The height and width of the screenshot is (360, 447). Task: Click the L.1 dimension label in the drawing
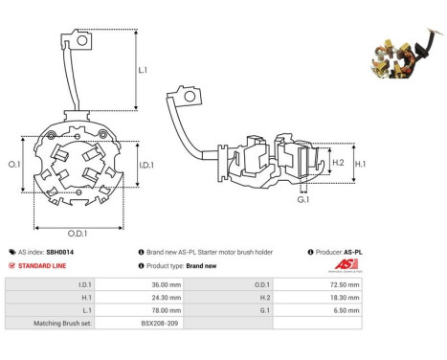143,70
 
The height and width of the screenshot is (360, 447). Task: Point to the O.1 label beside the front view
14,165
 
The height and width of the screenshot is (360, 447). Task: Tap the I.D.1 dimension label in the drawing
146,165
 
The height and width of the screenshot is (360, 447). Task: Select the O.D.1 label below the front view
78,234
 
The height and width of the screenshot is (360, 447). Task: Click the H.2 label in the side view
338,163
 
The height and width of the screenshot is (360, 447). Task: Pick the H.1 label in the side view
360,164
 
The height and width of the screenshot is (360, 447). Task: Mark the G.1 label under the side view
303,200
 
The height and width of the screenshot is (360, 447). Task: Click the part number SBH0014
60,252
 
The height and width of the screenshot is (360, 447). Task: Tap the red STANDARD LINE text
42,266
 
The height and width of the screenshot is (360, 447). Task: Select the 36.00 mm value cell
139,284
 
